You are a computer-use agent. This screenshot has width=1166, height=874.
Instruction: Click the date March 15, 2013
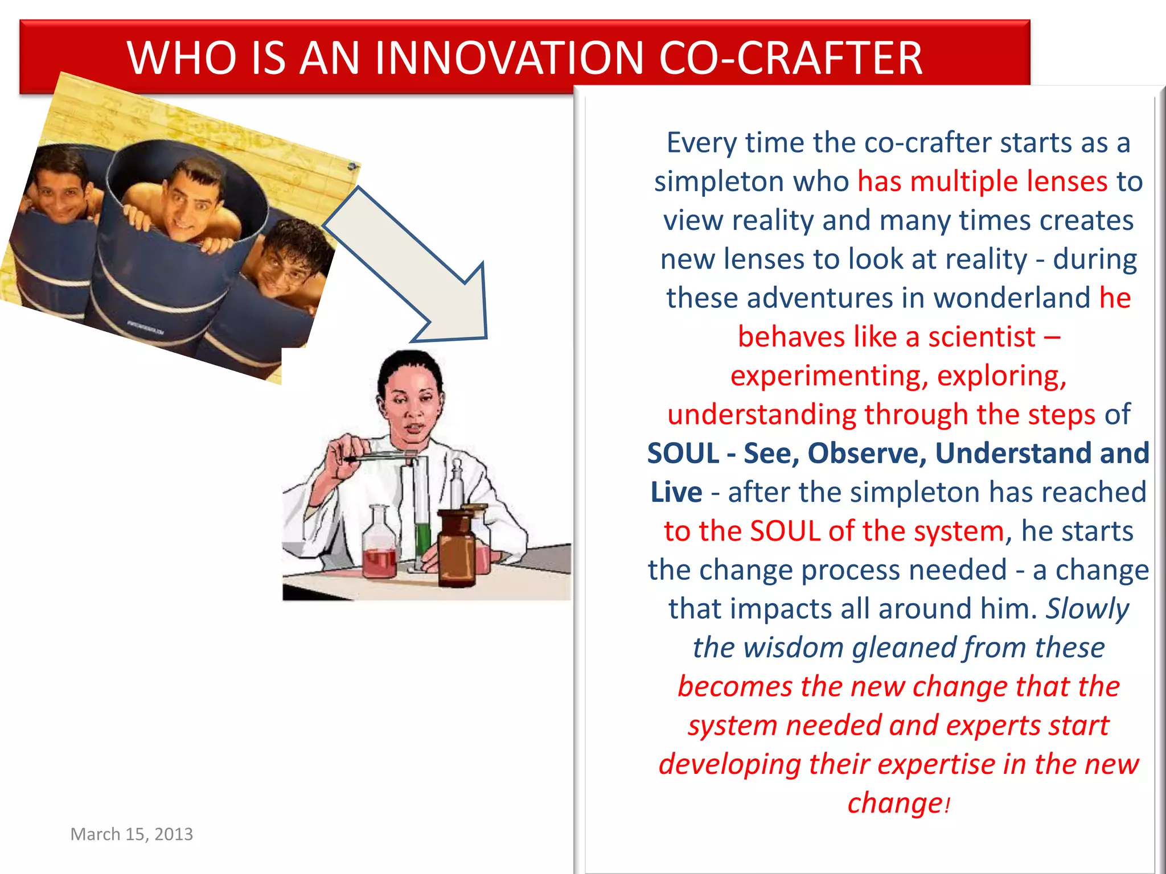pyautogui.click(x=132, y=834)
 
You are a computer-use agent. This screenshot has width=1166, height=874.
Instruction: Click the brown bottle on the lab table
pyautogui.click(x=457, y=549)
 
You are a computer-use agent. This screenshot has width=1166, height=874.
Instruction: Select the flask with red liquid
pyautogui.click(x=380, y=546)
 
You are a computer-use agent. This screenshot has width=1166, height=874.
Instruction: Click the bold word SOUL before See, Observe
pyautogui.click(x=683, y=454)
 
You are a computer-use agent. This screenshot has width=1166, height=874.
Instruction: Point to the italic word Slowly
pyautogui.click(x=1087, y=609)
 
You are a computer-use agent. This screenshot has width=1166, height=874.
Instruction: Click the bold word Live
pyautogui.click(x=676, y=492)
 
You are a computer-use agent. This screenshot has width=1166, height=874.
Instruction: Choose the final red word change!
pyautogui.click(x=898, y=803)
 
